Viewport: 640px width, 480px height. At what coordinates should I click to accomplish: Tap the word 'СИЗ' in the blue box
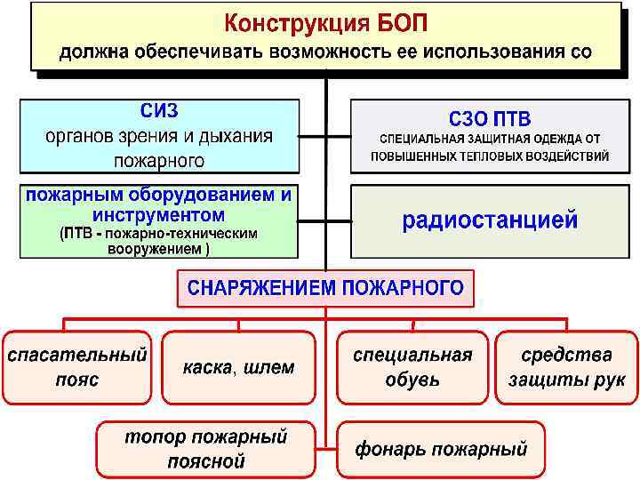point(159,111)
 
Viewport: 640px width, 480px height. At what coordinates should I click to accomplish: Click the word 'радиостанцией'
point(490,220)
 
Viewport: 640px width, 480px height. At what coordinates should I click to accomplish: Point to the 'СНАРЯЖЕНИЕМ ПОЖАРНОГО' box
point(325,288)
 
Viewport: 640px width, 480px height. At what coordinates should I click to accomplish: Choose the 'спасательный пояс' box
point(77,366)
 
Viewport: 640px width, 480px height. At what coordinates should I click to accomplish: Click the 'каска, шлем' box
point(238,366)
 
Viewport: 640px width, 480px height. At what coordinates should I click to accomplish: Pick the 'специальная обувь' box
point(412,366)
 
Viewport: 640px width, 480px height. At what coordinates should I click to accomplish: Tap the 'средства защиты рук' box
point(566,366)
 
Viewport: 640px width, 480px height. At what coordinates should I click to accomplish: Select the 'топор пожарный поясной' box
point(205,448)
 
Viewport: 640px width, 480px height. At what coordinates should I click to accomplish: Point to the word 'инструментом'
point(158,215)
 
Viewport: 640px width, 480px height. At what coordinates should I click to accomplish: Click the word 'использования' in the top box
point(488,51)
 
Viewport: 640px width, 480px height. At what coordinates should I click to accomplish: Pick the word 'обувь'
point(412,380)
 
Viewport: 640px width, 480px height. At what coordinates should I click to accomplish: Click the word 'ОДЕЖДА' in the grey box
point(557,139)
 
